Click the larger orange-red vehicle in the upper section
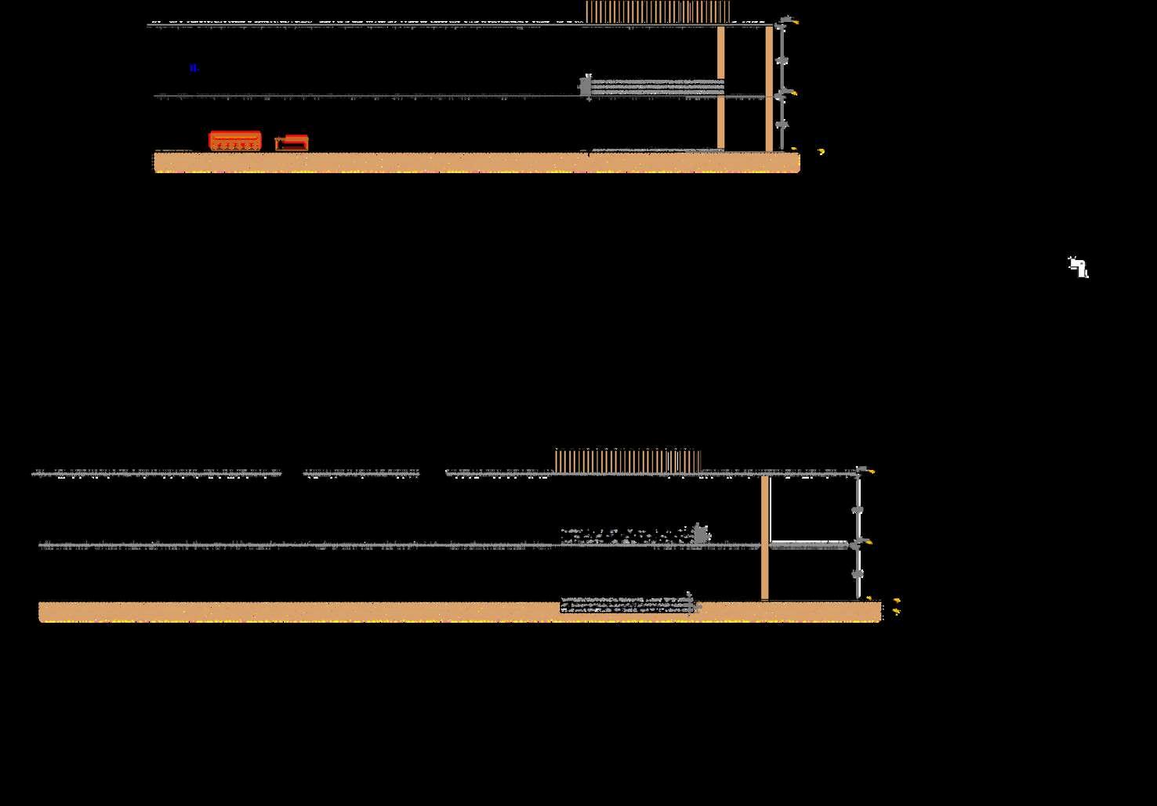pyautogui.click(x=234, y=141)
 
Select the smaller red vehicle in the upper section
pyautogui.click(x=292, y=143)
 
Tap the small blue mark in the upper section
pyautogui.click(x=194, y=68)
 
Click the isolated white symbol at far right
pyautogui.click(x=1079, y=267)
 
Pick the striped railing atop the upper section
pyautogui.click(x=658, y=12)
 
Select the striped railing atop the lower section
pyautogui.click(x=627, y=461)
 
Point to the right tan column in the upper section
pyautogui.click(x=769, y=88)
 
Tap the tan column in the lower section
pyautogui.click(x=764, y=537)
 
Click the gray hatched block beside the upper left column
pyautogui.click(x=655, y=86)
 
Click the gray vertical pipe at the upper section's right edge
pyautogui.click(x=781, y=86)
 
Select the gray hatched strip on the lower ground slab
pyautogui.click(x=627, y=605)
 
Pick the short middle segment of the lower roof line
pyautogui.click(x=361, y=473)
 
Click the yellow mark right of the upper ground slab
pyautogui.click(x=821, y=151)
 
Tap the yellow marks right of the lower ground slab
pyautogui.click(x=896, y=605)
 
